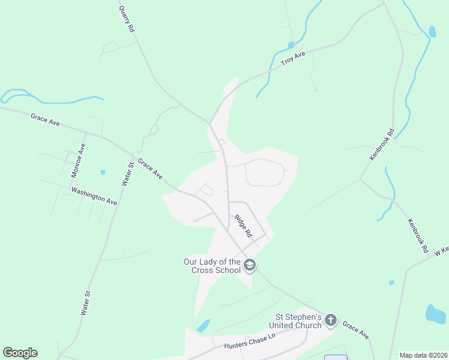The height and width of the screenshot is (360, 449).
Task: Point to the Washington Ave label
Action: point(94,196)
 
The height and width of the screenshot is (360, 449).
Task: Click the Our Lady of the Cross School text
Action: point(212,266)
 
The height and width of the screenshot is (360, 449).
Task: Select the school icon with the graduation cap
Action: point(250,265)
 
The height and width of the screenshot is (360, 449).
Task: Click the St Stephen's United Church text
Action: point(299,321)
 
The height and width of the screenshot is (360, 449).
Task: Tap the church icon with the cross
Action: point(331,321)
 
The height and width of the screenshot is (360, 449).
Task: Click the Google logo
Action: point(20,353)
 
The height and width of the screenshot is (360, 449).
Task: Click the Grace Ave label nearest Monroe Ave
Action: point(46,119)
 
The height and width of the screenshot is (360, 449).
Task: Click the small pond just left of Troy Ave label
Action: point(291,45)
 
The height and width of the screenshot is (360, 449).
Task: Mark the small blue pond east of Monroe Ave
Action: point(103,172)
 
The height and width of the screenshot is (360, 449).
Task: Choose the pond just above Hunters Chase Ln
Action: point(203,326)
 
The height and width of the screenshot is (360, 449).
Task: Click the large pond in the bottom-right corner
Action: point(435,314)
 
